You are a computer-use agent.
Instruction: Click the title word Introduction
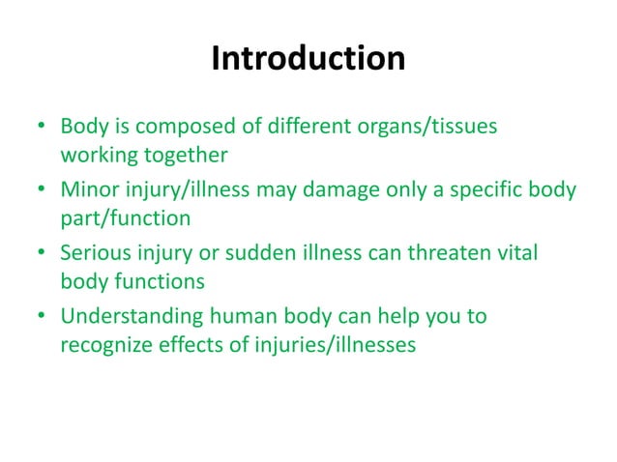pyautogui.click(x=308, y=60)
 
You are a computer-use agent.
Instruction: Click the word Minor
pyautogui.click(x=89, y=189)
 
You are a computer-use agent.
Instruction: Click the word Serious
pyautogui.click(x=95, y=253)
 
